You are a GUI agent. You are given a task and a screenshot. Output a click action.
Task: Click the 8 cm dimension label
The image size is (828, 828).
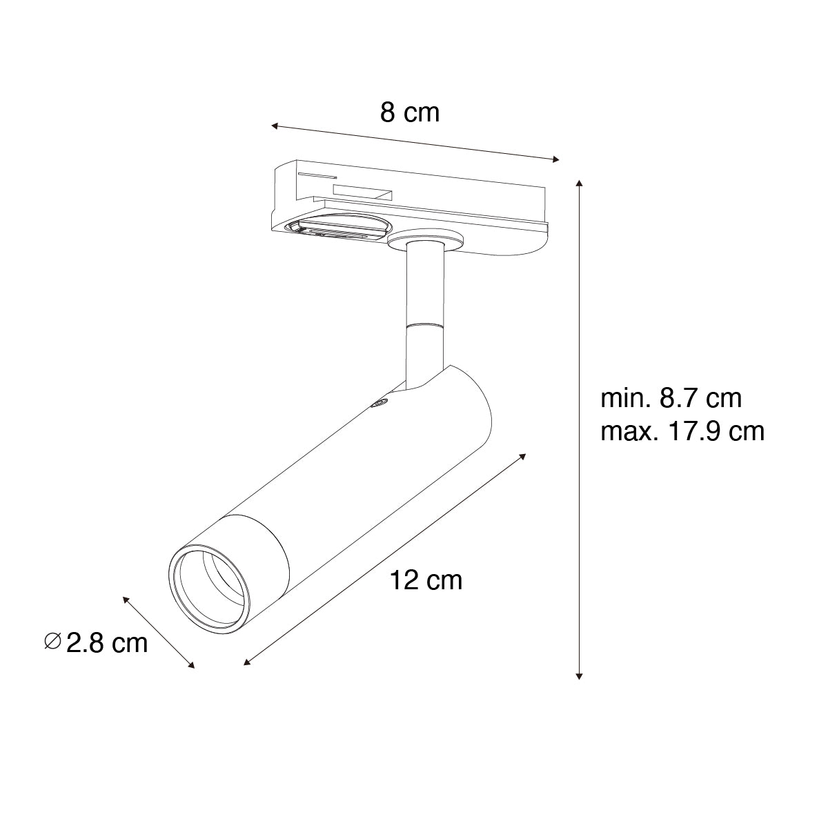[x=409, y=113]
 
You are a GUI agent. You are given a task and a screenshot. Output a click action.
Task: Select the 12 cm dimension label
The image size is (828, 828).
[x=426, y=580]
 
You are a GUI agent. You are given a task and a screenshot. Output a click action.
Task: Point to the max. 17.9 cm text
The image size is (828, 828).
[x=682, y=431]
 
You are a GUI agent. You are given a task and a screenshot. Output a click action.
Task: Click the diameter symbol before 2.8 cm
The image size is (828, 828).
[x=53, y=641]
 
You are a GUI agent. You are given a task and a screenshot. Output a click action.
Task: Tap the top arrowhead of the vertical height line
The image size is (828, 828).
[x=579, y=184]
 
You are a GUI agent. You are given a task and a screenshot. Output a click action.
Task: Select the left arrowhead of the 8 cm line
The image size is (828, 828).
[x=275, y=126]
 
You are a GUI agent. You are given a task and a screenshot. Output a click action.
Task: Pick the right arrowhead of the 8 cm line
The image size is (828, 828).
[x=555, y=159]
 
